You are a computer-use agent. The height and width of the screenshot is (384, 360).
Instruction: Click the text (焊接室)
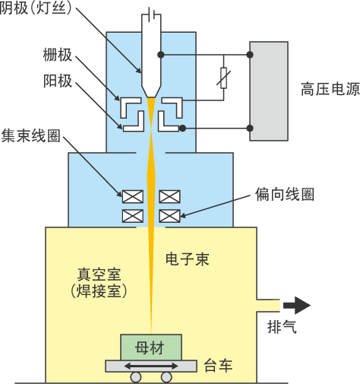tap(102, 291)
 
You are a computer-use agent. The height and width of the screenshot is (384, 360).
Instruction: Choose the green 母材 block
tap(150, 347)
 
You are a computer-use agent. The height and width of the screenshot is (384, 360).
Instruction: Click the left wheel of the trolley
tap(135, 377)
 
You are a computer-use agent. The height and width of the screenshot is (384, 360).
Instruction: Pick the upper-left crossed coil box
tap(133, 195)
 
